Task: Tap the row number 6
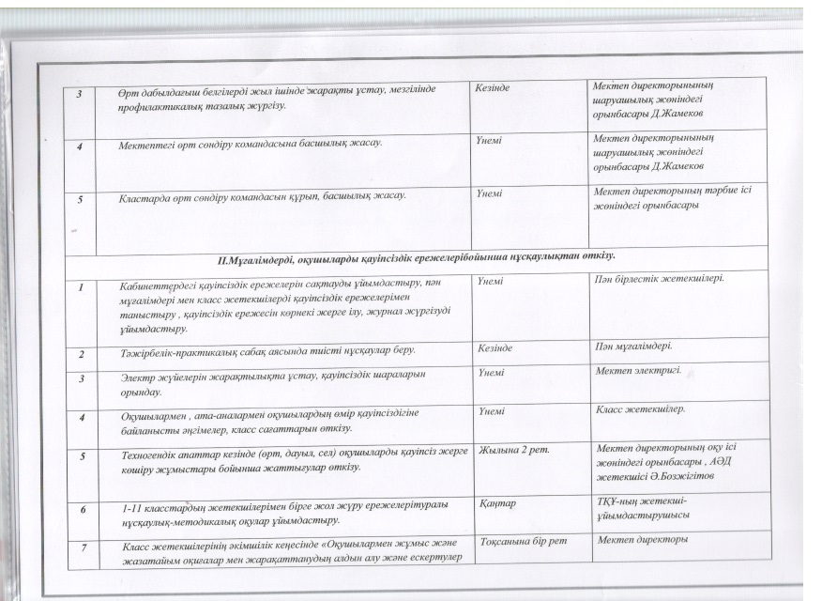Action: pyautogui.click(x=84, y=509)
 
